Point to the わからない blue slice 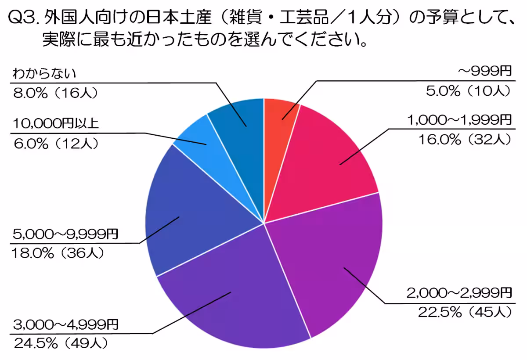pyautogui.click(x=239, y=119)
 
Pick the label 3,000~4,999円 pyautogui.click(x=66, y=325)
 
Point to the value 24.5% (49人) pyautogui.click(x=61, y=343)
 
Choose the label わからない pyautogui.click(x=44, y=73)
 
